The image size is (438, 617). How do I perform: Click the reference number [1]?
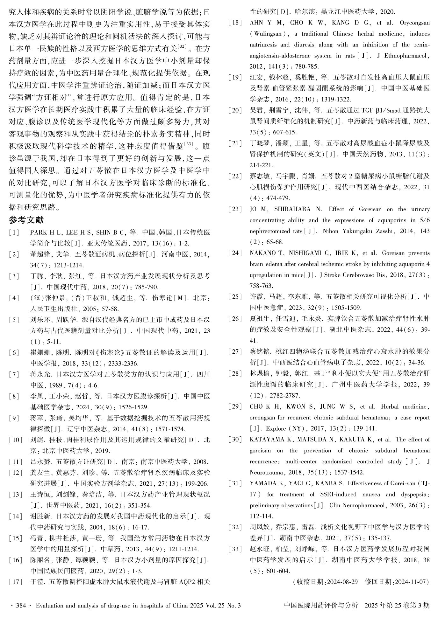pyautogui.click(x=14, y=232)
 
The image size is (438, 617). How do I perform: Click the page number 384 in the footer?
pyautogui.click(x=21, y=606)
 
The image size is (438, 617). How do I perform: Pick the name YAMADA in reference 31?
pyautogui.click(x=263, y=483)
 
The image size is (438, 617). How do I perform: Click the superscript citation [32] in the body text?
pyautogui.click(x=183, y=46)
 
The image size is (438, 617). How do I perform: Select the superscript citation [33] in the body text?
pyautogui.click(x=189, y=144)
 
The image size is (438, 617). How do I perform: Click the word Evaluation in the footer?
pyautogui.click(x=50, y=606)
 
